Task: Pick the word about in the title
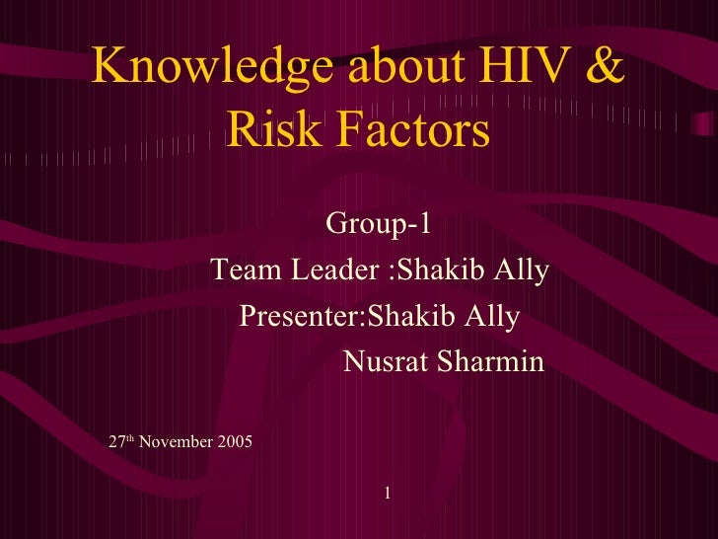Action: point(384,66)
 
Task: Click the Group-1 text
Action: point(379,225)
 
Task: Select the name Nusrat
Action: point(386,363)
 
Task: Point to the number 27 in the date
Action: point(116,441)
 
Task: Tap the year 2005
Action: point(233,441)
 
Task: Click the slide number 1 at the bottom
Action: point(389,491)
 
